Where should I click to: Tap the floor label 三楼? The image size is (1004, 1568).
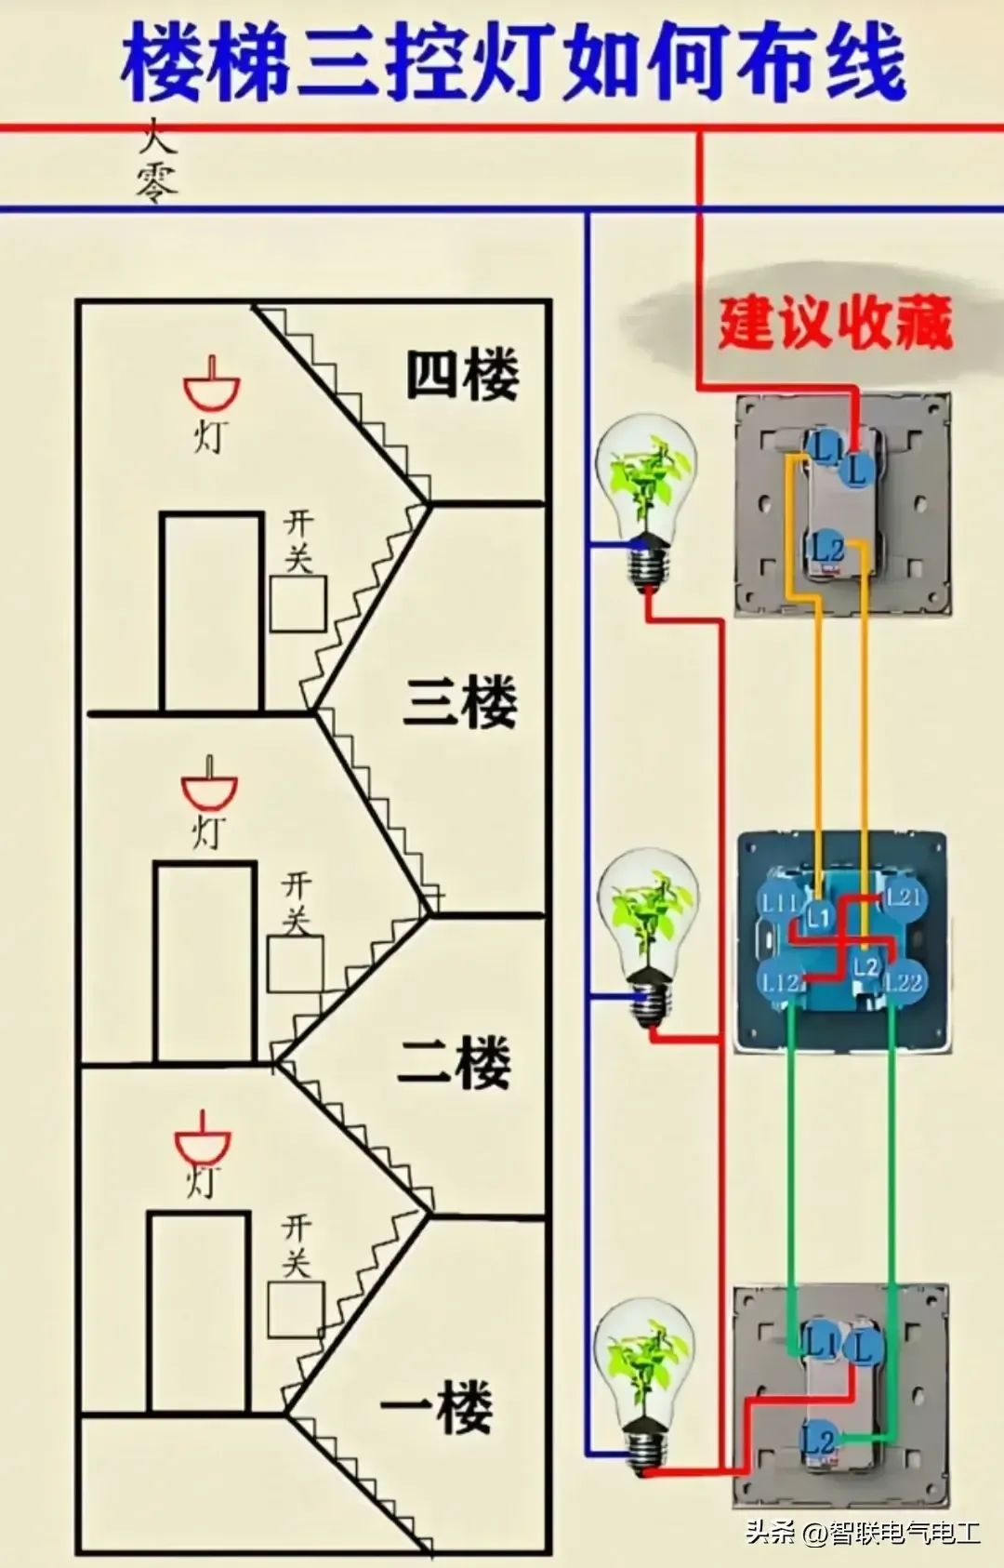[460, 702]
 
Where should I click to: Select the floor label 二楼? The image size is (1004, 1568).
[455, 1062]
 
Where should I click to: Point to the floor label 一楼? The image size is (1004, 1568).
[438, 1405]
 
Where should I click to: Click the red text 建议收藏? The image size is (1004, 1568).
[835, 323]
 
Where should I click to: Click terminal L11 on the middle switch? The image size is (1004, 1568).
[779, 901]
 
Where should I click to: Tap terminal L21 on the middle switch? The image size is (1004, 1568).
[902, 897]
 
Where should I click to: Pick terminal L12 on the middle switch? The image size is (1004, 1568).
[780, 981]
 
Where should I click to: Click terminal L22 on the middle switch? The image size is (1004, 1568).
[903, 981]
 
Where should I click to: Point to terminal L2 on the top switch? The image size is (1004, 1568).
[826, 546]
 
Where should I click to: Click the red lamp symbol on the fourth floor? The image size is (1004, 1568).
[212, 385]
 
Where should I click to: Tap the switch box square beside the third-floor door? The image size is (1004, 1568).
[298, 604]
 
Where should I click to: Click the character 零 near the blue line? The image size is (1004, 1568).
[156, 182]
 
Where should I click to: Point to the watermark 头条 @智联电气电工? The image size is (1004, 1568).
[863, 1531]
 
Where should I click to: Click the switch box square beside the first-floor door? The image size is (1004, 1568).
[296, 1309]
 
